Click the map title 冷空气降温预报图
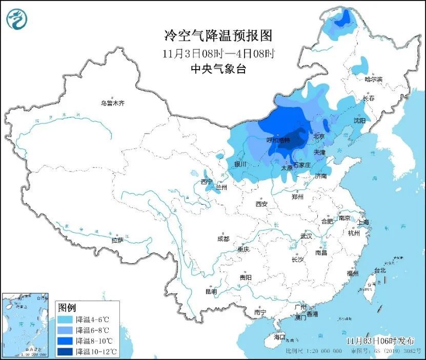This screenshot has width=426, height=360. click(x=217, y=35)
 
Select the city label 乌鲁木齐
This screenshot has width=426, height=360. click(x=112, y=103)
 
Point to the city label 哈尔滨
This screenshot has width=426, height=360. click(x=373, y=79)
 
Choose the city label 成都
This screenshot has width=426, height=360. click(x=223, y=239)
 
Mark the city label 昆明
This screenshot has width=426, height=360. click(x=211, y=291)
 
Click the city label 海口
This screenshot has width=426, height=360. click(x=279, y=337)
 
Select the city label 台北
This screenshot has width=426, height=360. click(x=379, y=270)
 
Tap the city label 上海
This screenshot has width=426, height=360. click(x=363, y=222)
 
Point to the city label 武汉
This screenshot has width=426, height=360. click(x=307, y=237)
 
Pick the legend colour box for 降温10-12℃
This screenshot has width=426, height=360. click(x=65, y=351)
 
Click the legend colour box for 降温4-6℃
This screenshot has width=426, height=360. click(x=65, y=319)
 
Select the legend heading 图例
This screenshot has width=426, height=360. click(x=67, y=307)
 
